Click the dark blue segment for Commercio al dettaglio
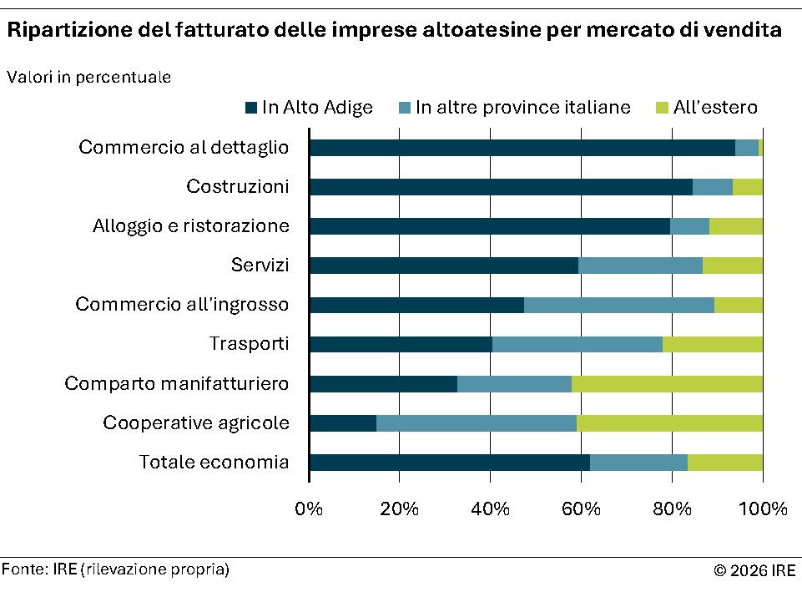(x=522, y=148)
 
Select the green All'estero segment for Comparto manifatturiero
(x=667, y=384)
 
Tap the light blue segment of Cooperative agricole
(x=476, y=423)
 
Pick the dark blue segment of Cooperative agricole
(x=343, y=423)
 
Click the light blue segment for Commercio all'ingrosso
(x=618, y=305)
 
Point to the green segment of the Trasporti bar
(x=712, y=344)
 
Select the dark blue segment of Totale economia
(x=449, y=463)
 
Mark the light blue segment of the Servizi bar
(x=640, y=266)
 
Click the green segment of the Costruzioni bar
(x=747, y=187)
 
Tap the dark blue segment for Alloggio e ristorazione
(x=489, y=226)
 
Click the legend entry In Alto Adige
(x=309, y=108)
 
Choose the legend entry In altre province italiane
(x=514, y=108)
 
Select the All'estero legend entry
(x=707, y=108)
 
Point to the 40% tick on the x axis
(x=491, y=509)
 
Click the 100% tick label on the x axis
(x=764, y=509)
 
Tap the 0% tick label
(x=310, y=509)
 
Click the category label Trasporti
(x=249, y=344)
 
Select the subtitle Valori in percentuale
(x=89, y=78)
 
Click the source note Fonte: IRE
(x=115, y=569)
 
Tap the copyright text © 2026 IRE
(x=754, y=571)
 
